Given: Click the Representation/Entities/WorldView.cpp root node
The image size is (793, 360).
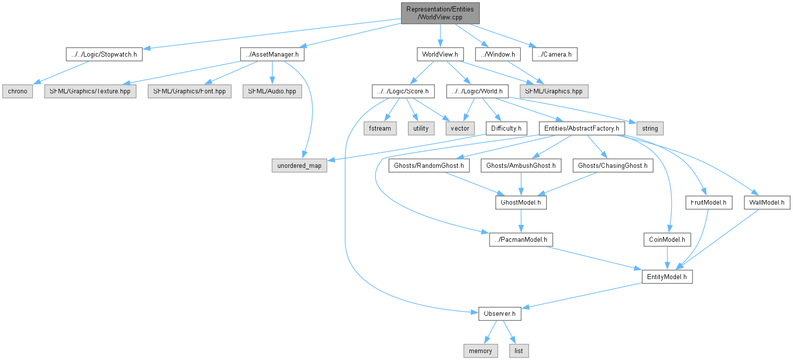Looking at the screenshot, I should (x=440, y=13).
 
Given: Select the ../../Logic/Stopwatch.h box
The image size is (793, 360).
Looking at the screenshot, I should (x=104, y=54).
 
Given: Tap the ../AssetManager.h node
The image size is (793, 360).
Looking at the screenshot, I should (x=272, y=54).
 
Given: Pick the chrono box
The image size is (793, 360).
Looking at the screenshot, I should (x=18, y=91).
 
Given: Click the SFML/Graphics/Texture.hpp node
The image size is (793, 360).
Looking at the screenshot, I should (x=90, y=91).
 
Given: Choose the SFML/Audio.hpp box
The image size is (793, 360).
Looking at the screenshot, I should (x=272, y=91).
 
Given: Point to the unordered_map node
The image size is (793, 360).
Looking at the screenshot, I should (x=299, y=165).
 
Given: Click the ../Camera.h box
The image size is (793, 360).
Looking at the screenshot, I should (x=554, y=54).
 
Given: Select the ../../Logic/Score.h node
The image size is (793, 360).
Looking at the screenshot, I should (x=403, y=91).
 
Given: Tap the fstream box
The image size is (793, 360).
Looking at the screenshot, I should (x=380, y=128).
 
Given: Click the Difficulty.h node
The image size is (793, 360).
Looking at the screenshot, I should (x=506, y=128).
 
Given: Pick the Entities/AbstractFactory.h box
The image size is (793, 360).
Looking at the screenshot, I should (x=581, y=128).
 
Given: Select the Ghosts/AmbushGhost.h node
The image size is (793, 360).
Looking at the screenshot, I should (x=521, y=165).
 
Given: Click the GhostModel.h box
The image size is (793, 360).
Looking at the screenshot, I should (x=521, y=203).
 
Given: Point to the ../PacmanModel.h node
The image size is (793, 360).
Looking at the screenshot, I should (x=521, y=239).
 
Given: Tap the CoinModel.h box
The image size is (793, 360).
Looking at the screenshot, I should (x=667, y=239).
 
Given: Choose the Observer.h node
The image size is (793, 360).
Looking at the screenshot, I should (x=500, y=314).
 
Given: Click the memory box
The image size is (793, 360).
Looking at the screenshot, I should (x=480, y=351).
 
